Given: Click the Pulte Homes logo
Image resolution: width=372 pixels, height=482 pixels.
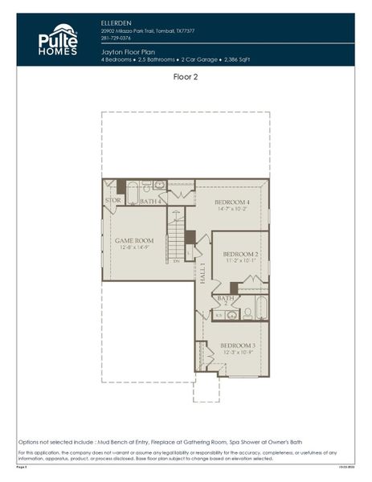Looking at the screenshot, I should (x=58, y=39).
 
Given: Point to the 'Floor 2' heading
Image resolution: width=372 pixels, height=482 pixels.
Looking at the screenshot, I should (x=186, y=78).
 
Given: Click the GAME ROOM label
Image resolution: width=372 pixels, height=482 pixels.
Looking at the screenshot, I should (x=133, y=240).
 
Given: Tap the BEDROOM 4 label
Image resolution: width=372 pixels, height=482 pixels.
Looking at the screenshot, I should (x=231, y=202).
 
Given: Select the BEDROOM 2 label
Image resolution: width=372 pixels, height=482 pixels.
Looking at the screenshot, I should (x=239, y=254).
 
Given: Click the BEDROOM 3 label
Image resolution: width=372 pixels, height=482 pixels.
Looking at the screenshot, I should (x=237, y=345).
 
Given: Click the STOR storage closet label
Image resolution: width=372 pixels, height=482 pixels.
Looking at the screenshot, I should (x=113, y=200).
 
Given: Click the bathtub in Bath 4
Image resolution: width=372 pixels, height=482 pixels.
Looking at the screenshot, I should (x=133, y=192).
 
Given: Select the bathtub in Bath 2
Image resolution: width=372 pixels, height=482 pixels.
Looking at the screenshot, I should (x=260, y=308).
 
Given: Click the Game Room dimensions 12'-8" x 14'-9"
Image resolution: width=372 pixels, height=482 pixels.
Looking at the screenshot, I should (x=133, y=248).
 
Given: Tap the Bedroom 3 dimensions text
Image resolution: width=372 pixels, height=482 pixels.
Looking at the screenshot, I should (x=237, y=353).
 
